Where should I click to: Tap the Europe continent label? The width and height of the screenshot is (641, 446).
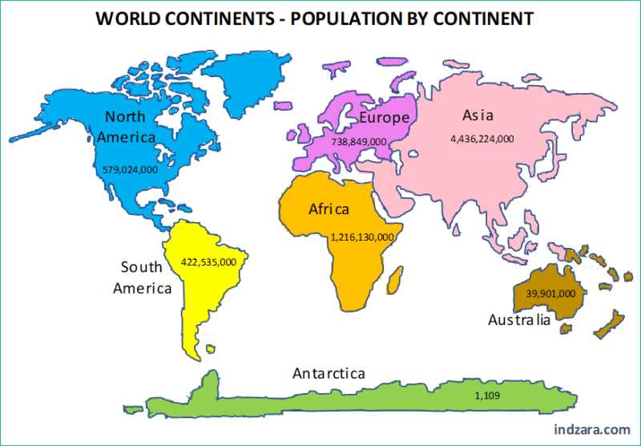[x=384, y=118]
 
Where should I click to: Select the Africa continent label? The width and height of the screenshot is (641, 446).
[x=329, y=209]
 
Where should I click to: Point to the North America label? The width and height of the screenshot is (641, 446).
[x=125, y=127]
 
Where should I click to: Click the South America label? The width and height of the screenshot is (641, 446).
[x=143, y=278]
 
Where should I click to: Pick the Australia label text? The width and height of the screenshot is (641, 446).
[x=519, y=320]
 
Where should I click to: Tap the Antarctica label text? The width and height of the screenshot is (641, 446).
[x=329, y=374]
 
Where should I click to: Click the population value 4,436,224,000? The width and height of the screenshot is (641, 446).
[x=482, y=138]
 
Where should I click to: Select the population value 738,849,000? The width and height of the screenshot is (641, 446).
[x=359, y=141]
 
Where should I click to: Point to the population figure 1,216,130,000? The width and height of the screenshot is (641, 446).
[x=362, y=237]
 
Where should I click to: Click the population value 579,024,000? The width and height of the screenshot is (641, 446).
[x=131, y=169]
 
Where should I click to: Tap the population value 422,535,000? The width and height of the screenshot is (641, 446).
[x=208, y=262]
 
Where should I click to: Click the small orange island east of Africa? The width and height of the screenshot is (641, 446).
[x=393, y=281]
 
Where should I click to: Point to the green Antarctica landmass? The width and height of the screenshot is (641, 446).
[x=361, y=401]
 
